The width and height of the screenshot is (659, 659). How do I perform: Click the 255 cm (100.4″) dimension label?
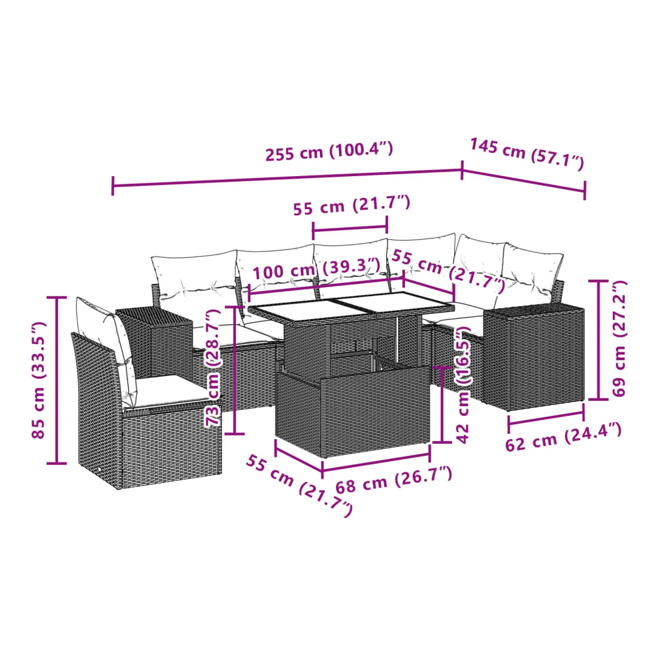tap(329, 152)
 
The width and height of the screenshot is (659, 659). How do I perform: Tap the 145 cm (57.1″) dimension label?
tap(527, 153)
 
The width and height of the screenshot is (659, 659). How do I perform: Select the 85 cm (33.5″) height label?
tap(38, 380)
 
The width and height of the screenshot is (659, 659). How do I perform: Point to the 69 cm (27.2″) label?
tap(619, 338)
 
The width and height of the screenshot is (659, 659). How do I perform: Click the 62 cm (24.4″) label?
tap(563, 437)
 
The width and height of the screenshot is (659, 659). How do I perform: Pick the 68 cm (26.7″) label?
tap(394, 480)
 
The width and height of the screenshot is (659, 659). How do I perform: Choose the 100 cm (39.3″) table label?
tap(316, 268)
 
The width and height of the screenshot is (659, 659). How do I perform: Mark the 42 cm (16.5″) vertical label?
tap(462, 385)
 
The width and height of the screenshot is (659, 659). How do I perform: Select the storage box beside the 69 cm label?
tap(534, 357)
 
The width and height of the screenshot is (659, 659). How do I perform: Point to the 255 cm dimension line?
tap(288, 178)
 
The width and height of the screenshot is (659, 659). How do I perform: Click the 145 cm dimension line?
tap(524, 181)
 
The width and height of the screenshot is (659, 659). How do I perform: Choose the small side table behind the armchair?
tap(154, 343)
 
